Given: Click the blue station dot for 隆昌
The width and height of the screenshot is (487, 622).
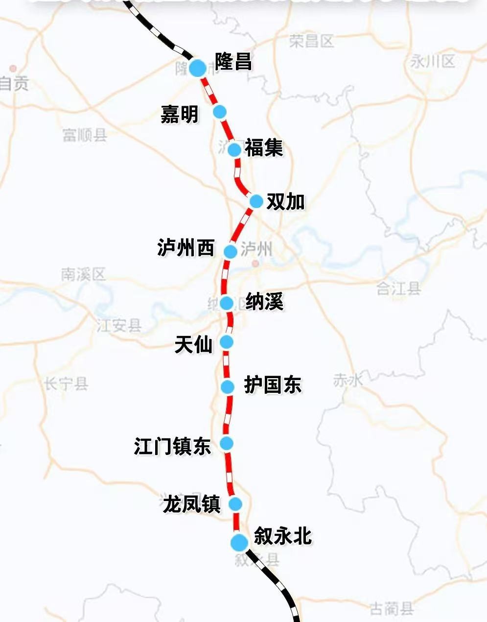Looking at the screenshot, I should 198,68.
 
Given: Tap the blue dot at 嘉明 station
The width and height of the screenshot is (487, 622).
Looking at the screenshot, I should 220,112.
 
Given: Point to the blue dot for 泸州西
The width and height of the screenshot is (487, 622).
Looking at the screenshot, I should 231,251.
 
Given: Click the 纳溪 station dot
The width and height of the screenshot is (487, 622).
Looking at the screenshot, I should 226,303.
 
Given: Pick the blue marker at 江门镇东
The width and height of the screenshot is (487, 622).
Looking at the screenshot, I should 226,444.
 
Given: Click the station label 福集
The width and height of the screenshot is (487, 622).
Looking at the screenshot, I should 264,148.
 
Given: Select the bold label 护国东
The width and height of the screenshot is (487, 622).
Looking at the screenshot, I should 273,385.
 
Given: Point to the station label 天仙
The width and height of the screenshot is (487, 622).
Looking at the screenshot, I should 194,345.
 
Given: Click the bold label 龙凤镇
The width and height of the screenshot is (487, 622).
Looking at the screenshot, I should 192,504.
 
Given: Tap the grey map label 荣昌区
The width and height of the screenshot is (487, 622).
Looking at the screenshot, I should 311,41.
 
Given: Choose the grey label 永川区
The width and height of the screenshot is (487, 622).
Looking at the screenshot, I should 432,61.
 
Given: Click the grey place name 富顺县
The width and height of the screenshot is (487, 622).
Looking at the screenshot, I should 85,135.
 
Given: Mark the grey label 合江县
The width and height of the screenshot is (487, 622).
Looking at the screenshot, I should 399,288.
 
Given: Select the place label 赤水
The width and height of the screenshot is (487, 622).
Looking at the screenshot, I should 348,380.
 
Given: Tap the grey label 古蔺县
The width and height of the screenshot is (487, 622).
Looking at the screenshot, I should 392,609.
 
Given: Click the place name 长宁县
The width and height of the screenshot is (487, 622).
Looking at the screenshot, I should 66,383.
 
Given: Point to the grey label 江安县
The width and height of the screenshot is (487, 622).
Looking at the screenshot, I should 119,325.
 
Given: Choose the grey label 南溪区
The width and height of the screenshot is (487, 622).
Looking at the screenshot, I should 83,274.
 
